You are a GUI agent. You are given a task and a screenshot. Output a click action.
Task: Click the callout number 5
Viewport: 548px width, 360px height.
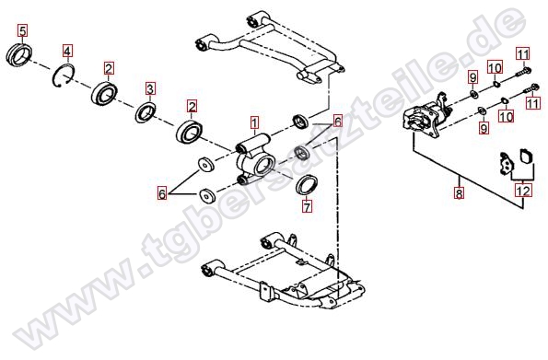pyautogui.click(x=23, y=30)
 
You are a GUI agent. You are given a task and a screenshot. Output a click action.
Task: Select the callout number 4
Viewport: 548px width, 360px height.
pyautogui.click(x=67, y=51)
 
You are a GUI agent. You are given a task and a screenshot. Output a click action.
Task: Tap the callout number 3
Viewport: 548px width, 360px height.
pyautogui.click(x=150, y=88)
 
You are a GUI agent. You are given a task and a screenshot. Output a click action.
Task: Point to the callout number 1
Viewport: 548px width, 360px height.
pyautogui.click(x=254, y=122)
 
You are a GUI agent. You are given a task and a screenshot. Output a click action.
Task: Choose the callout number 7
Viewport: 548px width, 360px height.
pyautogui.click(x=307, y=206)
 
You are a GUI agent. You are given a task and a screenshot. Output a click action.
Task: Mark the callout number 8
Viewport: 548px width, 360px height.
pyautogui.click(x=459, y=192)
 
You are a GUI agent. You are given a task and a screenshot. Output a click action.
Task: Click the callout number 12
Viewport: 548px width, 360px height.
pyautogui.click(x=523, y=191)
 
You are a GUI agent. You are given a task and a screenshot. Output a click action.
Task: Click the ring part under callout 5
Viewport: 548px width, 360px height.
pyautogui.click(x=19, y=54)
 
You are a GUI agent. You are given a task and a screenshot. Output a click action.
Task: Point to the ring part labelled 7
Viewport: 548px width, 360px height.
pyautogui.click(x=307, y=185)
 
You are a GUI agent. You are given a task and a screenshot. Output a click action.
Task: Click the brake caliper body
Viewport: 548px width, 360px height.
pyautogui.click(x=426, y=116)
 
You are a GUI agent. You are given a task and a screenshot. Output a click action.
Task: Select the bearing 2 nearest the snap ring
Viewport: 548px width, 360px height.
pyautogui.click(x=104, y=93)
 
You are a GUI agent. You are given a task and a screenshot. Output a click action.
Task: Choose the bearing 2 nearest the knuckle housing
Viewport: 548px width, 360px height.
pyautogui.click(x=190, y=132)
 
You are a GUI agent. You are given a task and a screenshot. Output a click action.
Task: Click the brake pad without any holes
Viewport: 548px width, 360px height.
pyautogui.click(x=525, y=156)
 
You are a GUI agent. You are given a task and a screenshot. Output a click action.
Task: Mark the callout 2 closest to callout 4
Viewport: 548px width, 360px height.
pyautogui.click(x=109, y=68)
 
